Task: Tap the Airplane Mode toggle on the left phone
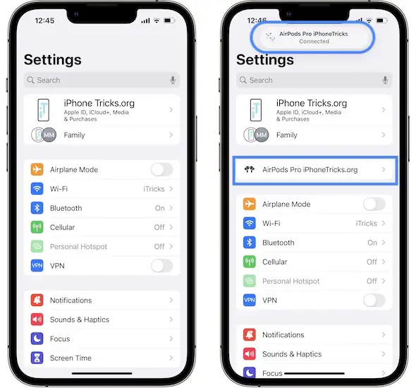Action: coord(162,169)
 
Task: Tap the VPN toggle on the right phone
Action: coord(374,301)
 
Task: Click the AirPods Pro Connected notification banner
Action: coord(312,37)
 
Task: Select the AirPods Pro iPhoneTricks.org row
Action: coord(315,170)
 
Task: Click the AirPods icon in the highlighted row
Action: coord(249,169)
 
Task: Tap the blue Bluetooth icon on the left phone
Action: coord(37,208)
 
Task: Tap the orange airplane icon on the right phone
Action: coord(249,204)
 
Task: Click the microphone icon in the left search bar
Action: coord(173,80)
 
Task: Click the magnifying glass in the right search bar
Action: coord(243,80)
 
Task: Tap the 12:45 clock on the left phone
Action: coord(44,20)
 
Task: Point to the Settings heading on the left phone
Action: coord(53,60)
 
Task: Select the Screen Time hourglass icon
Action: coord(37,358)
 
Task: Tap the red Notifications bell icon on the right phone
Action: coord(249,335)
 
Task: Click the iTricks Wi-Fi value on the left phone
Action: coord(154,189)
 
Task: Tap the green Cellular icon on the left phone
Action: coord(37,227)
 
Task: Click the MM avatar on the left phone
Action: coord(49,135)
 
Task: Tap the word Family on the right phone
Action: coord(286,135)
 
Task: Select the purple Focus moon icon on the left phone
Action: coord(37,339)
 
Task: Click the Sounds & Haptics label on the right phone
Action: coord(292,354)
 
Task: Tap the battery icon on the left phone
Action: coord(169,20)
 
